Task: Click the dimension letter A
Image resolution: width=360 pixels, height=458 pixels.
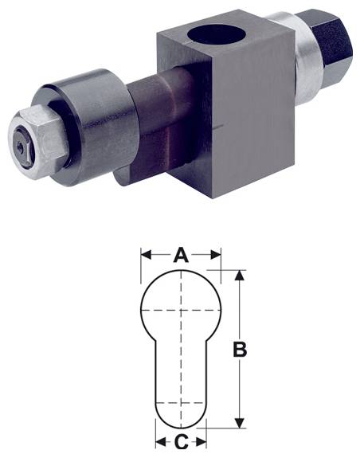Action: tap(181, 256)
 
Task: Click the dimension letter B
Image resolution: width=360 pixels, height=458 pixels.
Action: tap(239, 349)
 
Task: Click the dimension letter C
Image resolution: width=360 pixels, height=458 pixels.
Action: tap(181, 440)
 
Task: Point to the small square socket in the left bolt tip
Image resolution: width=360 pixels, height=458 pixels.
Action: tap(22, 148)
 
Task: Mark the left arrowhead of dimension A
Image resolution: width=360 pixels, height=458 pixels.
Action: tap(145, 256)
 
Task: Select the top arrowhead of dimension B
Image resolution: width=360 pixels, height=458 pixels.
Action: tap(239, 274)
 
